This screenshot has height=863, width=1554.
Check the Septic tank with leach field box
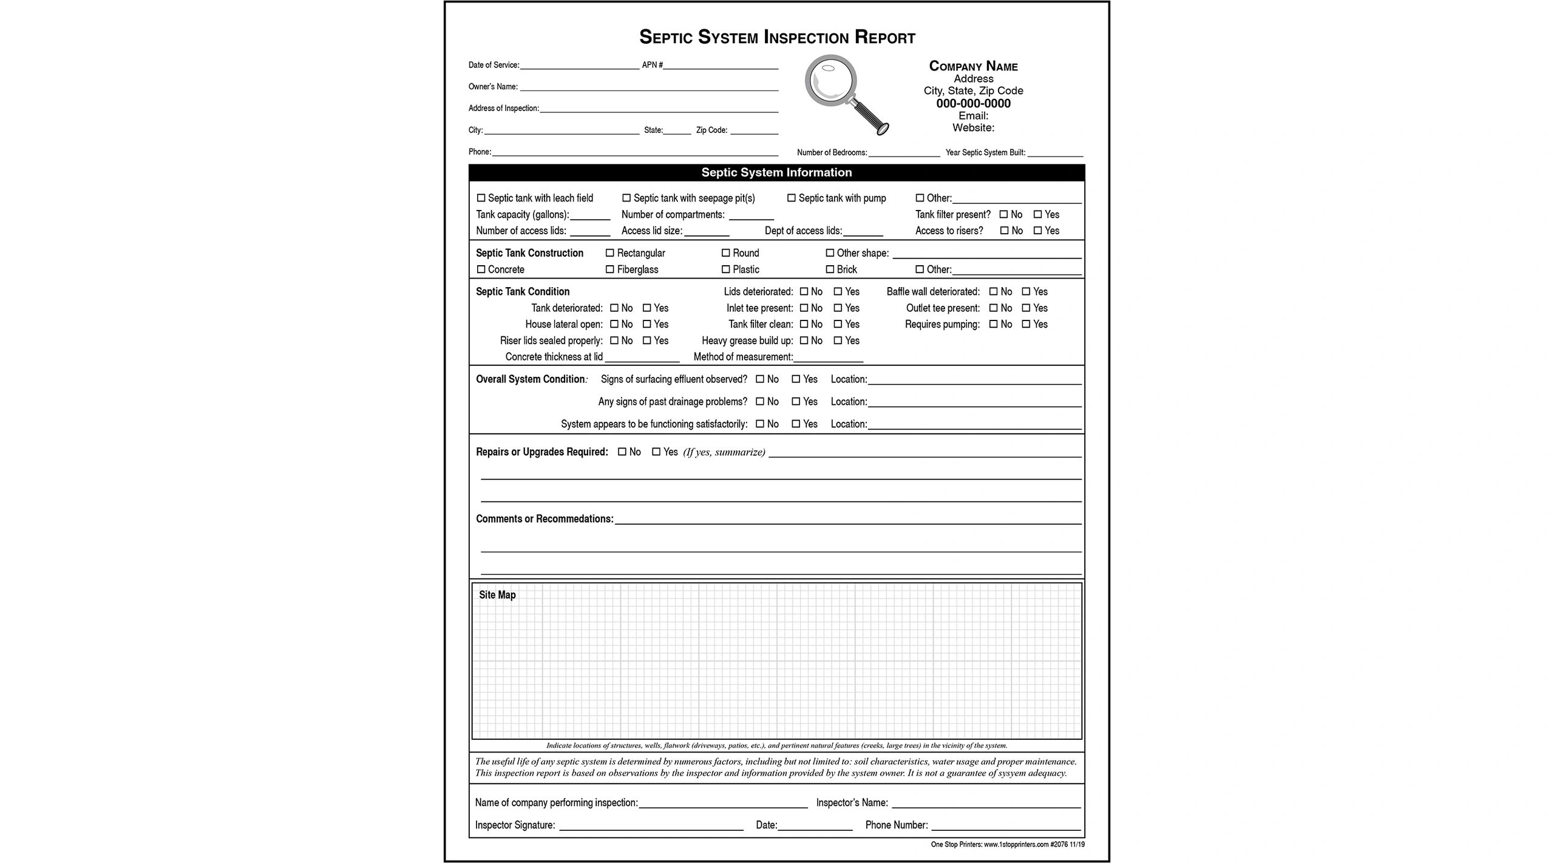[481, 198]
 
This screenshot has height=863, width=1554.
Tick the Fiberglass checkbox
[610, 269]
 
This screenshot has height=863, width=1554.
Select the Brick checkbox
[830, 269]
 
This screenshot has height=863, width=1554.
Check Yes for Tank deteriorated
[647, 308]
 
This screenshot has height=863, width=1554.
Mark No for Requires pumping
[994, 324]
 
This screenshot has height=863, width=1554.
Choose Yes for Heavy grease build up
[838, 341]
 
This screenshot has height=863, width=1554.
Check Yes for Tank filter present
[1038, 214]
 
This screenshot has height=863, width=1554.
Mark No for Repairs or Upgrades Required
[622, 452]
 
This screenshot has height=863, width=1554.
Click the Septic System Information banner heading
[776, 172]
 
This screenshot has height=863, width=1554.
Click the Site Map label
[497, 595]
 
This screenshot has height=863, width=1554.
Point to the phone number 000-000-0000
[973, 103]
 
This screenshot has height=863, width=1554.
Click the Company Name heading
[973, 66]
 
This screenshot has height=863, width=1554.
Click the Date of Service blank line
[579, 66]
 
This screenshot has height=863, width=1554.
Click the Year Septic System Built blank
[1055, 153]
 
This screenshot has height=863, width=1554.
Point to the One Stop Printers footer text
[1008, 845]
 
